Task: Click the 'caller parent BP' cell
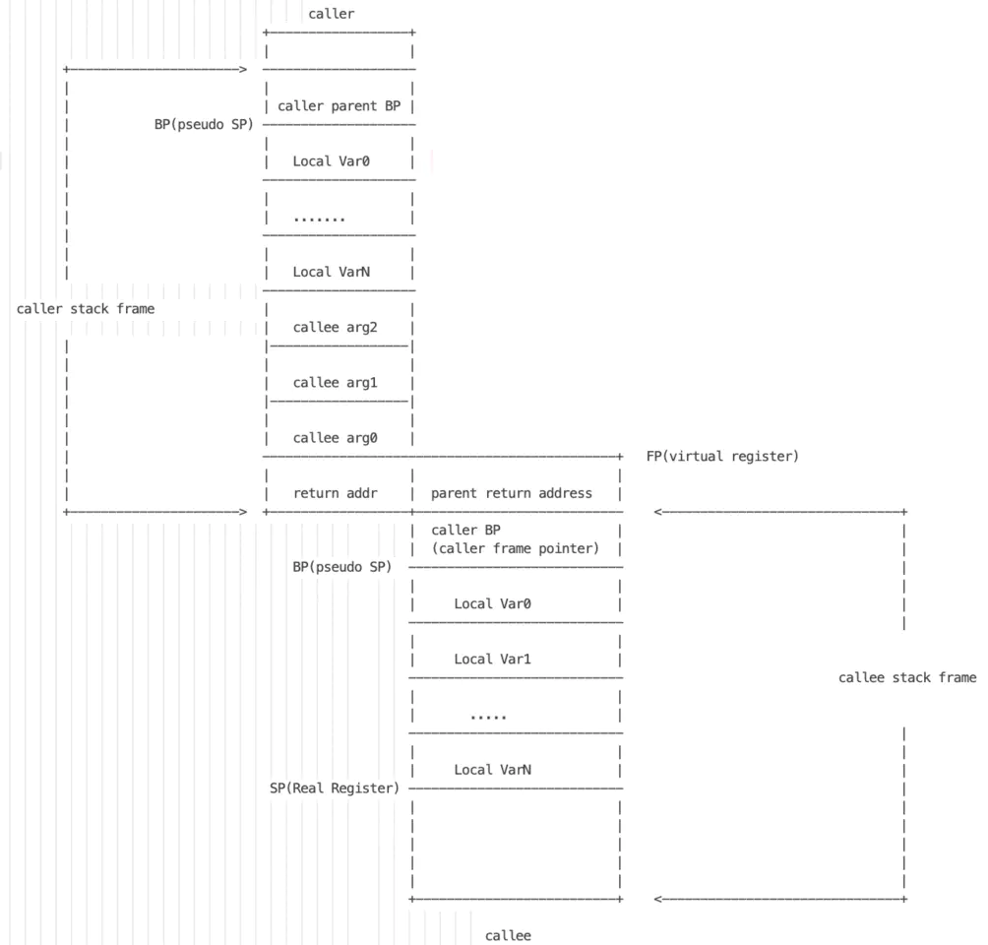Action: pos(339,106)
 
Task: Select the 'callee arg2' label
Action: pos(335,327)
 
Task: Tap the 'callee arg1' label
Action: pos(335,383)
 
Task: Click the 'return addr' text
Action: pos(336,493)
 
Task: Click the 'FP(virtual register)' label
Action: pos(722,457)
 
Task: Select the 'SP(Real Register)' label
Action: pos(335,788)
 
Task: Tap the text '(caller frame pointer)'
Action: pos(516,548)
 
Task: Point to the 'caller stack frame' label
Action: pos(86,309)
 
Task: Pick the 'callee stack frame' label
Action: pos(907,677)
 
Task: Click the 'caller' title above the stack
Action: pos(332,14)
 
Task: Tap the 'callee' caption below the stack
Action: pos(508,935)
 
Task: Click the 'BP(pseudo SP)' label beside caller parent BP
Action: pos(204,125)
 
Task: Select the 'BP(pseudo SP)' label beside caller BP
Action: pos(342,567)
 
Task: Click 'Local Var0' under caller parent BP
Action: pos(332,161)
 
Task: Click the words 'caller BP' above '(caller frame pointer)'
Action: pos(465,531)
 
